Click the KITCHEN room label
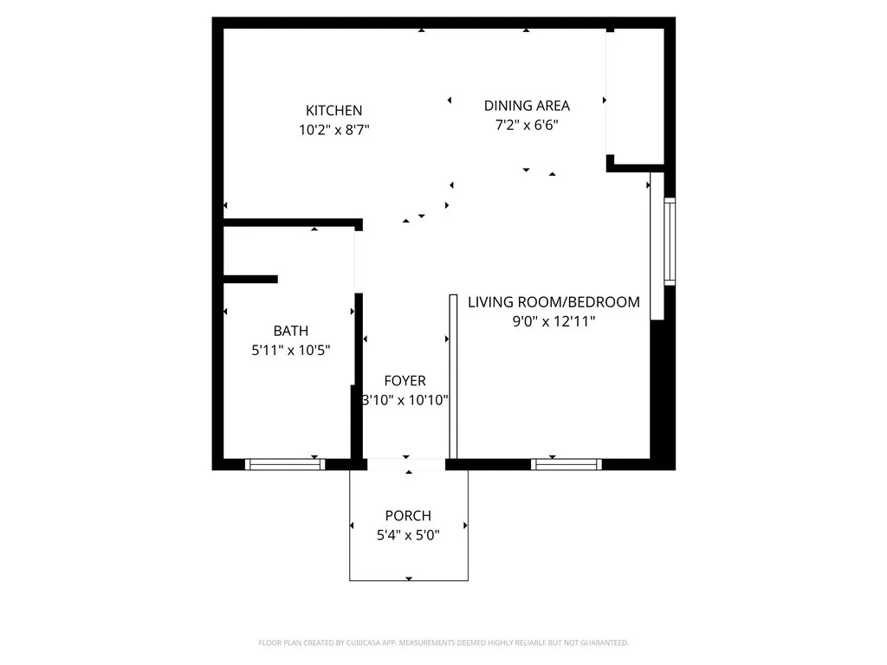tap(333, 111)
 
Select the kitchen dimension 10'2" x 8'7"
tap(333, 130)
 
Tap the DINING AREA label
tap(527, 106)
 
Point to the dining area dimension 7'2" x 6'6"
tap(527, 125)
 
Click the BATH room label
tap(290, 331)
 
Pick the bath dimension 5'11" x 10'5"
tap(290, 350)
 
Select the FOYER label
tap(405, 381)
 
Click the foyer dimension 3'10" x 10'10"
tap(405, 400)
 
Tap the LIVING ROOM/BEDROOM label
tap(554, 302)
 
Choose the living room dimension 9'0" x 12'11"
tap(554, 321)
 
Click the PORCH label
tap(408, 516)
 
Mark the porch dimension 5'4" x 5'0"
tap(408, 535)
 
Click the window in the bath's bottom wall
tap(285, 464)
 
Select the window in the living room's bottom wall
tap(566, 464)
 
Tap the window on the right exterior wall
tap(670, 242)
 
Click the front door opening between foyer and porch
tap(406, 464)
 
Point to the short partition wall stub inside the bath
tap(250, 279)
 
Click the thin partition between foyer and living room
tap(452, 377)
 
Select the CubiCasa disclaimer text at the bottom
tap(443, 642)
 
